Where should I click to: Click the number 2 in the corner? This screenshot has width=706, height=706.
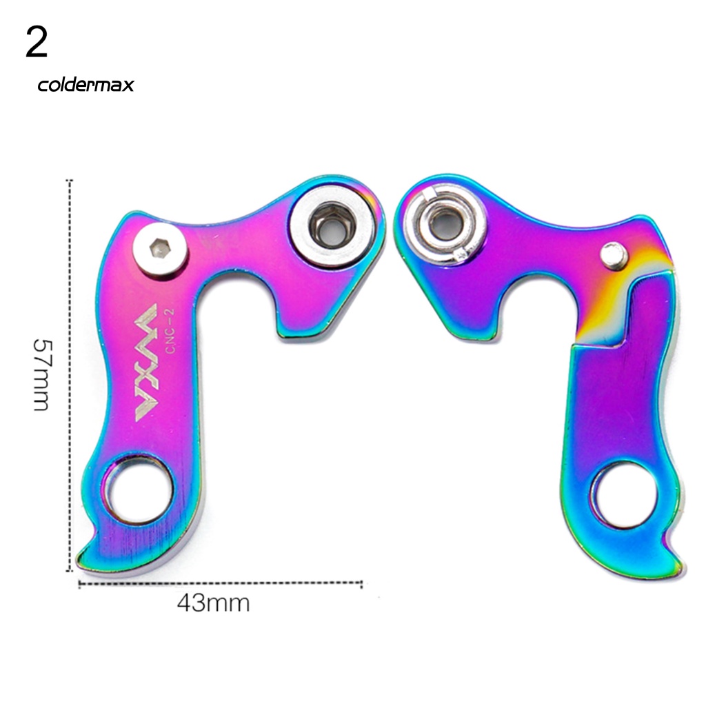37,42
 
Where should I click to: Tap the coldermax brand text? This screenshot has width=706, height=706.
85,85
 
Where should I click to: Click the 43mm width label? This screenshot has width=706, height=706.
213,603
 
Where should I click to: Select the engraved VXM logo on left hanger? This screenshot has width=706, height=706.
146,363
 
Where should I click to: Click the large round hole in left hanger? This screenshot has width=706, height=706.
138,490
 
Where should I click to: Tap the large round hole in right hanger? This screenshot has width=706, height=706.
625,496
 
